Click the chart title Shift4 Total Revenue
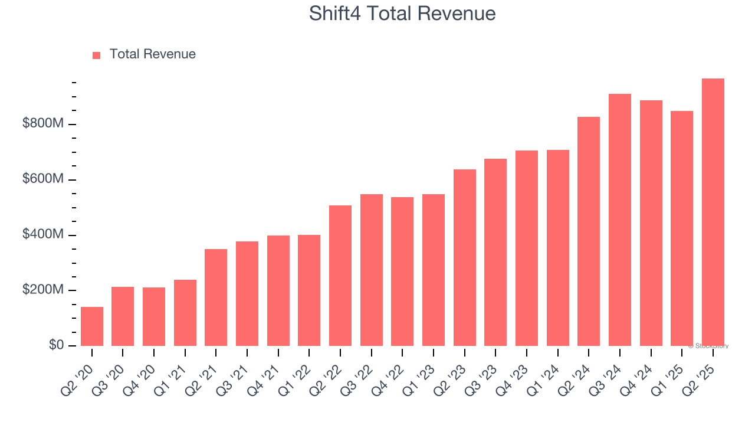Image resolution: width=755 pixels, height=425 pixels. pos(402,14)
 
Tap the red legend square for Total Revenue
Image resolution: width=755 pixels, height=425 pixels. pos(97,55)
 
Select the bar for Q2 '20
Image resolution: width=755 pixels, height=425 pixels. pos(92,326)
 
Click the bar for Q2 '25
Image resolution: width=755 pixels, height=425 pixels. pos(713,212)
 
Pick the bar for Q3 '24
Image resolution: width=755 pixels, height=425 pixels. pos(619,220)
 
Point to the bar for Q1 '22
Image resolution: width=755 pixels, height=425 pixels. pos(309,290)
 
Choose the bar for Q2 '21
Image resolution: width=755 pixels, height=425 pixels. pos(216,297)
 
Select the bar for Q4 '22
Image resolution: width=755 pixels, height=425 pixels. pos(402,272)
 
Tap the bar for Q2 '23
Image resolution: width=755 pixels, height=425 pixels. pos(464,257)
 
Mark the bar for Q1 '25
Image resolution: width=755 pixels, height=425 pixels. pos(681,228)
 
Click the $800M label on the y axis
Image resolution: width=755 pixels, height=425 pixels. pos(43,124)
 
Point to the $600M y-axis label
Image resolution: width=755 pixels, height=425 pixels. pos(43,179)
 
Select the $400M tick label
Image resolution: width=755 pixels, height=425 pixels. pos(43,235)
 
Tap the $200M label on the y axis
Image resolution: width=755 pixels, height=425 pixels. pos(43,290)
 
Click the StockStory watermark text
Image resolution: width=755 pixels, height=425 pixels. pos(708,346)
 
